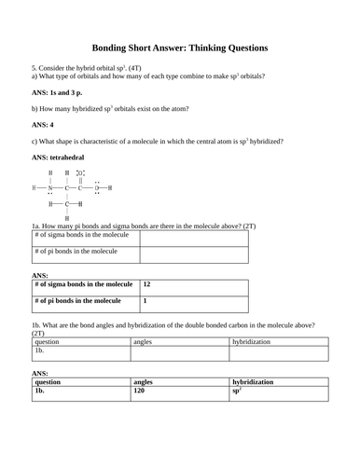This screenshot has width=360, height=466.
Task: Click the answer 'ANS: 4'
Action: click(43, 123)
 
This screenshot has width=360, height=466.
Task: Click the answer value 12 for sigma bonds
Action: click(147, 284)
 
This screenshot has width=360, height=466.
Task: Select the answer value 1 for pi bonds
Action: click(145, 301)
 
